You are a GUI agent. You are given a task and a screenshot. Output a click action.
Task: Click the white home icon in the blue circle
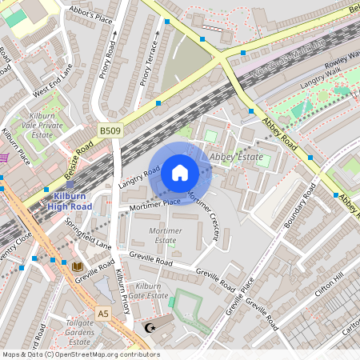coord(180,172)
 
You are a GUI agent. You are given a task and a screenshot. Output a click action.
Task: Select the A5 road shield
coord(103,312)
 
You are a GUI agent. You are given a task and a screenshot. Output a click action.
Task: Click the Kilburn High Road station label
coord(70,202)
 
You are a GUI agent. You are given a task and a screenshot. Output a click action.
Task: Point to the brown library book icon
coord(77,266)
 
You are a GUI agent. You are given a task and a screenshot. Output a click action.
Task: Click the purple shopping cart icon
coord(2,157)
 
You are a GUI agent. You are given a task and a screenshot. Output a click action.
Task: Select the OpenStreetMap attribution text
coord(80,354)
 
